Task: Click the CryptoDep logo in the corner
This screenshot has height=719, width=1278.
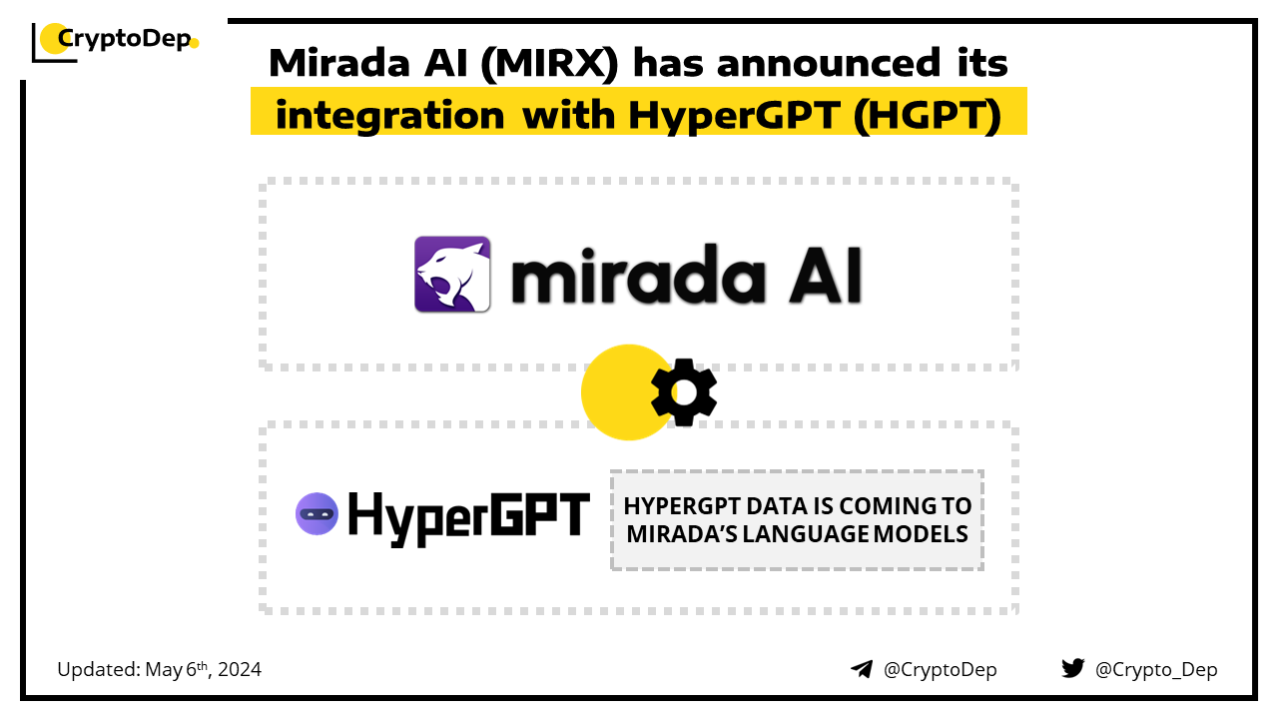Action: point(115,41)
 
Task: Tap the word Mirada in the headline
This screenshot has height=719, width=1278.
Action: point(339,63)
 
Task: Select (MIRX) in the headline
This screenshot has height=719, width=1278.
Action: point(549,64)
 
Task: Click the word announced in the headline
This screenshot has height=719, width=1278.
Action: point(829,63)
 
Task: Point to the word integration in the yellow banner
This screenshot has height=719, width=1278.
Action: point(389,115)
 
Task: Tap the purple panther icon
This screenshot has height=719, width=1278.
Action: point(452,274)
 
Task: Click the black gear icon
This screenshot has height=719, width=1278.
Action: point(684,392)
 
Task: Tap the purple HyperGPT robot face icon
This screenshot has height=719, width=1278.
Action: point(317,513)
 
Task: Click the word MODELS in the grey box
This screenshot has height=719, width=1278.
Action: point(921,534)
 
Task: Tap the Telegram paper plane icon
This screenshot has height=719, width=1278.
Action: point(862,669)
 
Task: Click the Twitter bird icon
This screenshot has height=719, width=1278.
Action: point(1073,668)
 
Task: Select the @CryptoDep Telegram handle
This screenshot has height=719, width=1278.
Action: point(940,669)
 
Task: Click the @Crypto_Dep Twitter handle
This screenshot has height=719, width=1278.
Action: point(1156,670)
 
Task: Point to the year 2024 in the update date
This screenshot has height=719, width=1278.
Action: point(240,669)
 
